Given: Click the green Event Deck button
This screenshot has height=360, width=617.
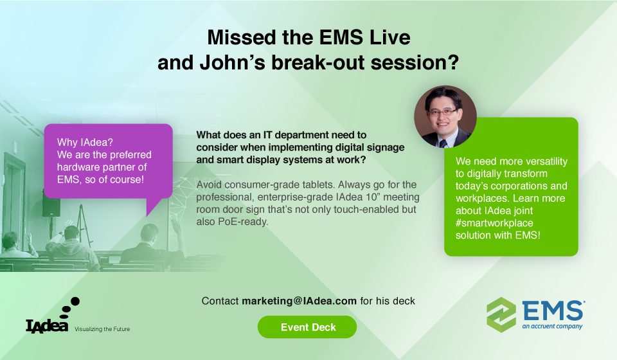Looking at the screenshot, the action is click(x=307, y=327).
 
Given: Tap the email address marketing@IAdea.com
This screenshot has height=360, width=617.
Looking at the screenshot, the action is click(x=299, y=301).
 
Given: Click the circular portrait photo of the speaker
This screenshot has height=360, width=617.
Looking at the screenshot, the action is click(x=445, y=116).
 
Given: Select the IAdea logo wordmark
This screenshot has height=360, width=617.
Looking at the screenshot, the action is click(x=47, y=325).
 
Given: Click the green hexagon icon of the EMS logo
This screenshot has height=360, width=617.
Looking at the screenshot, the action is click(x=501, y=315).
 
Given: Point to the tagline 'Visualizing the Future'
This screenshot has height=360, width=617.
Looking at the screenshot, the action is click(x=102, y=329).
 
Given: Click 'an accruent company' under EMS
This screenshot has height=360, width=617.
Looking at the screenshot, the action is click(x=552, y=326).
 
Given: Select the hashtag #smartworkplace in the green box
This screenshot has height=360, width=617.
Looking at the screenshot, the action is click(x=494, y=223).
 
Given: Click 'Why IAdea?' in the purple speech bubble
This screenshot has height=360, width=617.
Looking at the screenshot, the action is click(x=85, y=142).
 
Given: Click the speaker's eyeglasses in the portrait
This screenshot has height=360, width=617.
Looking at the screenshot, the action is click(x=443, y=112).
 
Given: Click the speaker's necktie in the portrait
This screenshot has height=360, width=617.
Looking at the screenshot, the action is click(x=443, y=143).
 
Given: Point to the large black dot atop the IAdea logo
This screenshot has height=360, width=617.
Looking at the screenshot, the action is click(x=75, y=301).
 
